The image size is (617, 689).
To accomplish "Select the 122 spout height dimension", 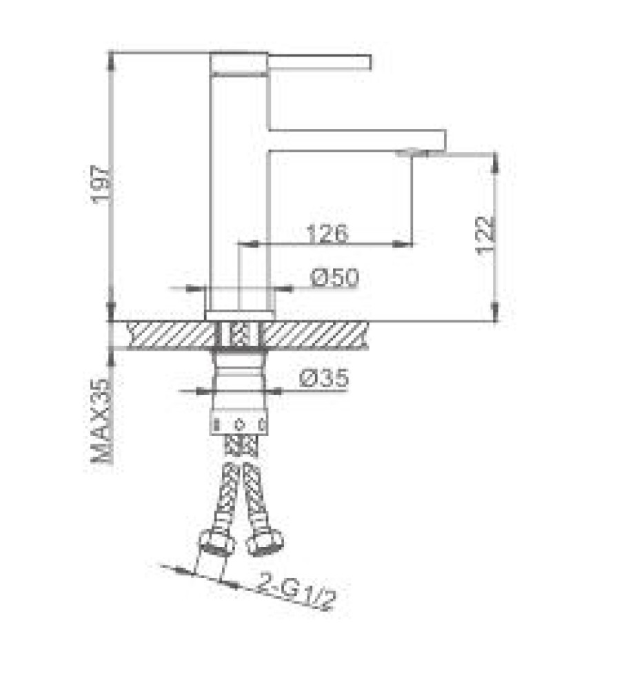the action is (x=485, y=235).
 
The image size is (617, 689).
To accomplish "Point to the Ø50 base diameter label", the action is (x=334, y=278).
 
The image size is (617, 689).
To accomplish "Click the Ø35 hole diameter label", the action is (x=325, y=378).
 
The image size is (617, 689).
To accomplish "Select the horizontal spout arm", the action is (x=357, y=141).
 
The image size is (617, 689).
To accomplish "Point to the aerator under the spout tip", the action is (x=412, y=153).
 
